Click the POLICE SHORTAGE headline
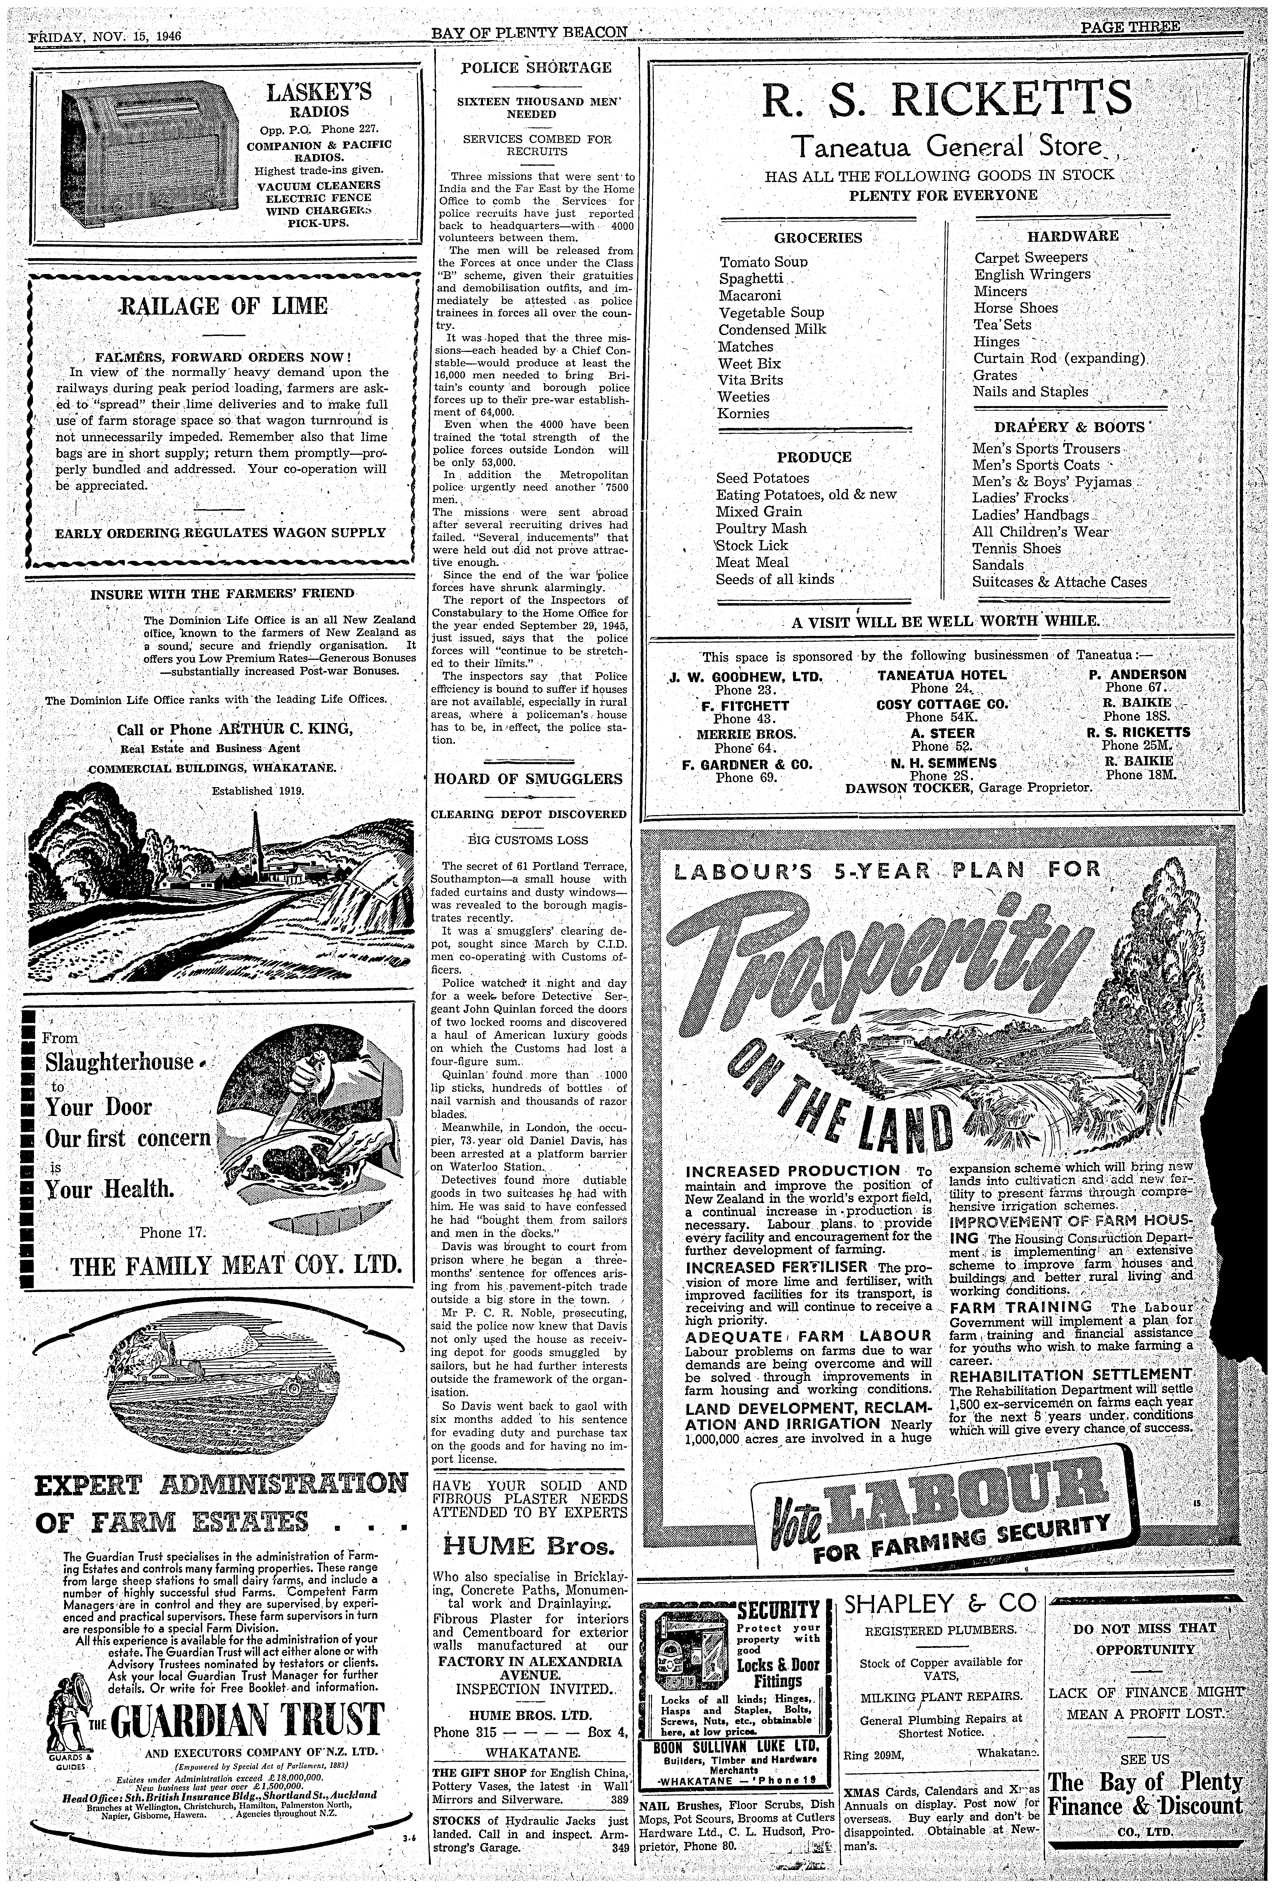point(535,68)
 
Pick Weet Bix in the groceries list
point(749,363)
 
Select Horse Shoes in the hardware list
point(1016,308)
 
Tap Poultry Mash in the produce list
point(761,528)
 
